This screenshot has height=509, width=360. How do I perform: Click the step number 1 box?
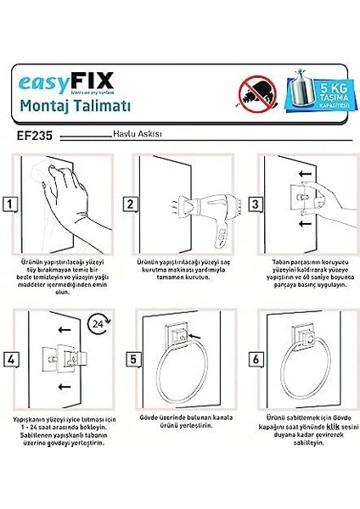point(10,204)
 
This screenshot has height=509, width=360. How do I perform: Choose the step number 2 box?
point(131,204)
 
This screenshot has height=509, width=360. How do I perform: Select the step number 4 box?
point(10,359)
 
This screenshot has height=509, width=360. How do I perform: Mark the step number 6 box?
point(254,359)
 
